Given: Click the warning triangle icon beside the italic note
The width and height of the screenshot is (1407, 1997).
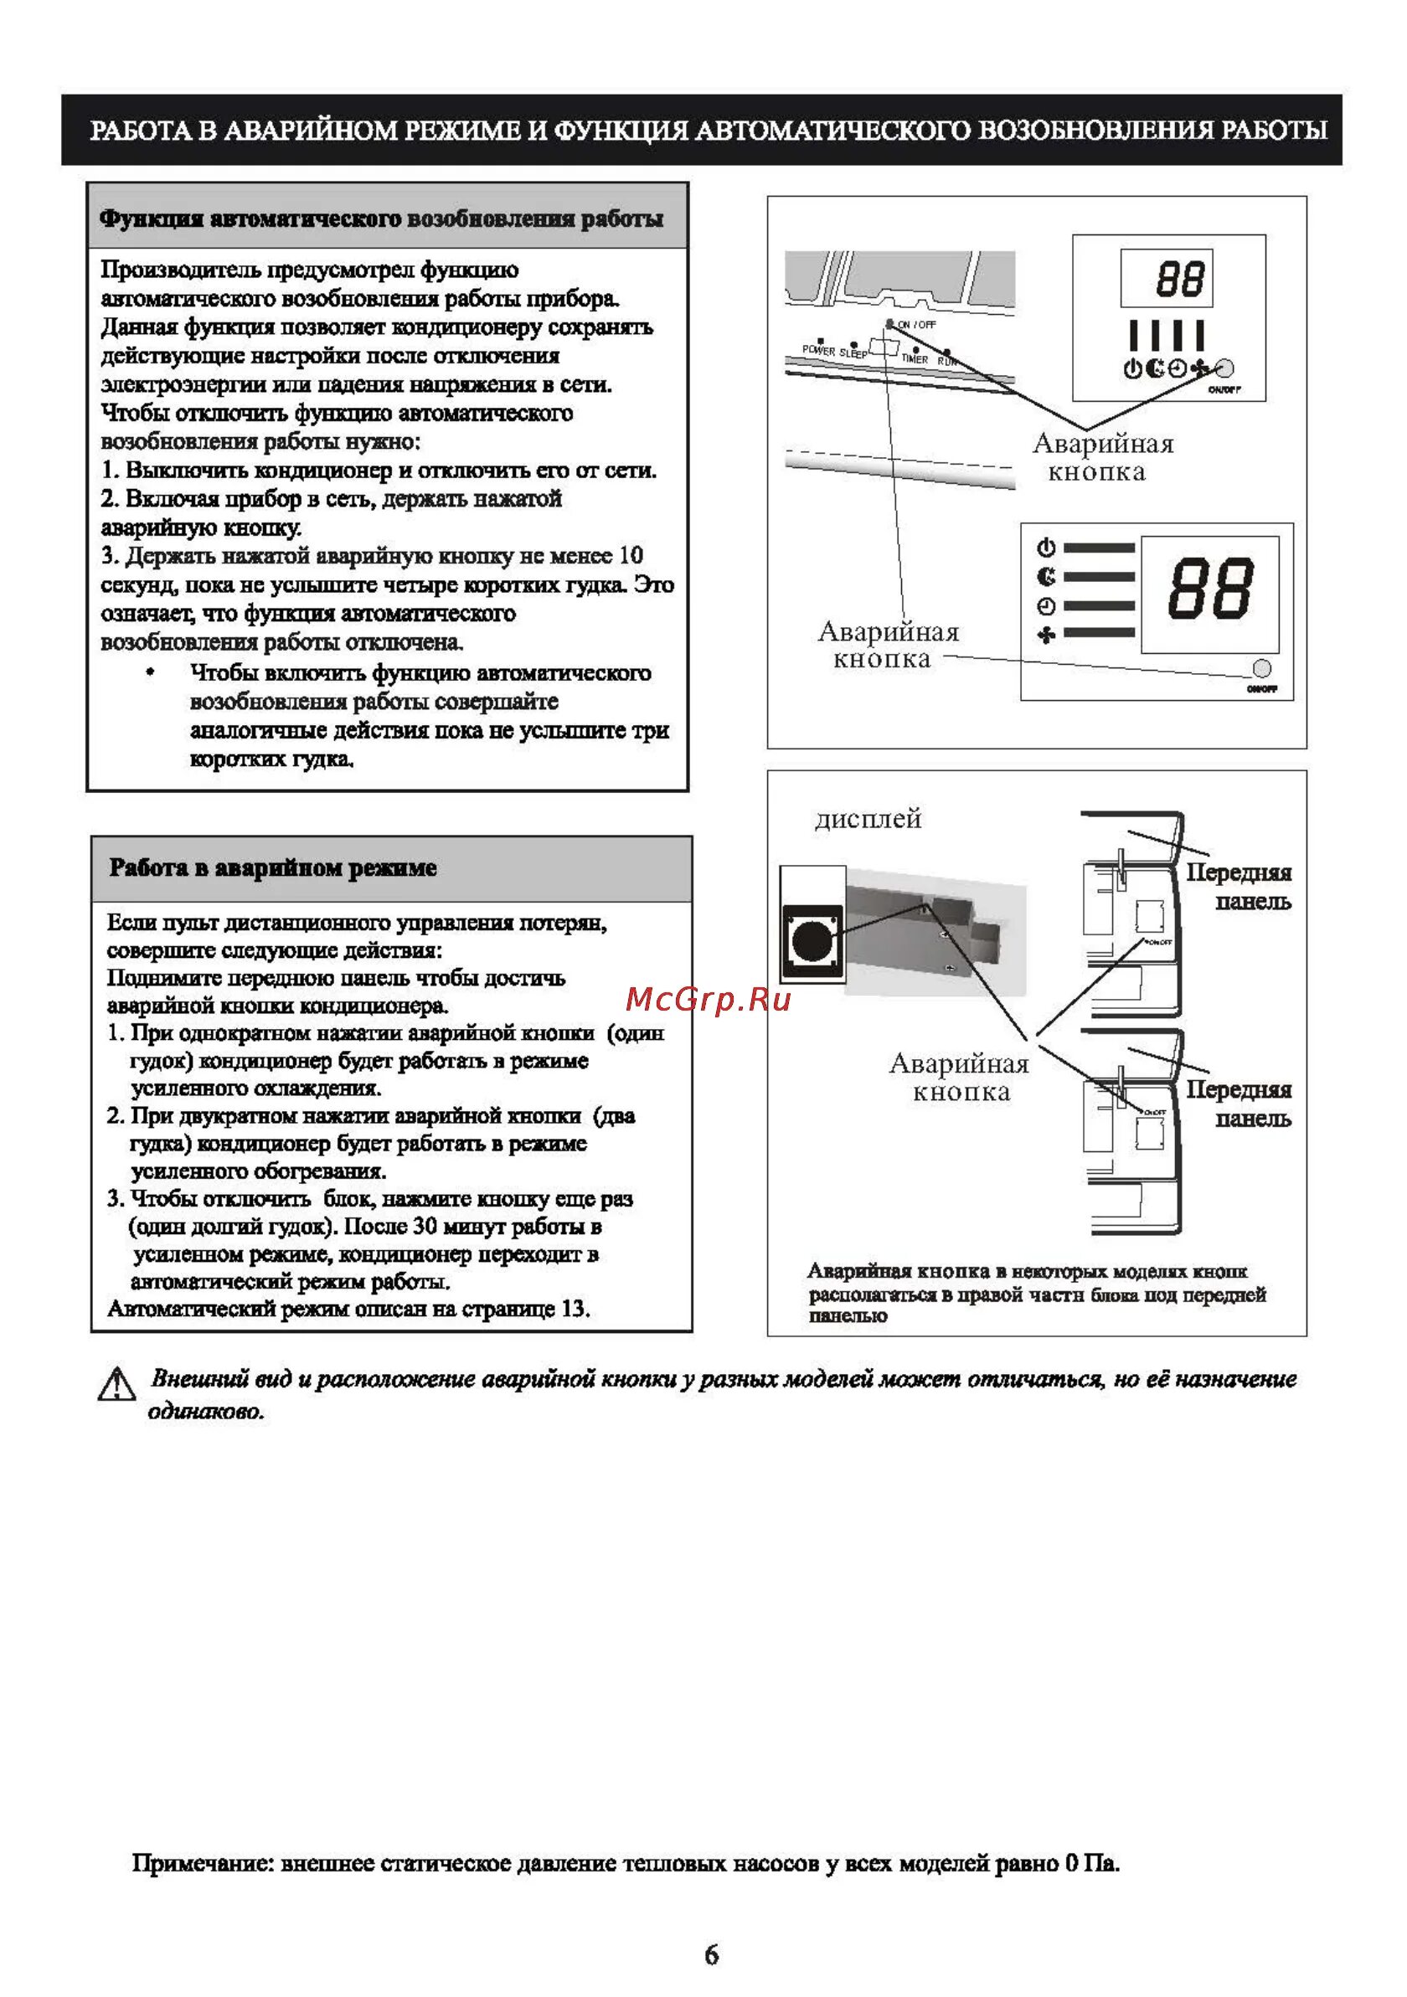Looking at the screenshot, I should tap(116, 1385).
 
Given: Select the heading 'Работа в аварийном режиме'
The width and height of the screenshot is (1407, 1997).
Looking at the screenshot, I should tap(272, 868).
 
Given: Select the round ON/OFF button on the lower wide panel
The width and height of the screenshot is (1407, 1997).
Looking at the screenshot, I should tap(1260, 668).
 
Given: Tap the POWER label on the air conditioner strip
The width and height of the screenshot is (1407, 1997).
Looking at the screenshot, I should tap(818, 350).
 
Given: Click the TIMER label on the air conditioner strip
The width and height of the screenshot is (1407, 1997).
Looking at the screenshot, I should tap(915, 358).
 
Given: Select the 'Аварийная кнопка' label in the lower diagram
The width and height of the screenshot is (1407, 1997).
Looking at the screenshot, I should tap(960, 1077).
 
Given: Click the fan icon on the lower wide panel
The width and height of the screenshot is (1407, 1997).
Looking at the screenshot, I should tap(1046, 635).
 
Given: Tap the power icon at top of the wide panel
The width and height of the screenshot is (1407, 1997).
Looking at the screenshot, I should tap(1046, 548).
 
